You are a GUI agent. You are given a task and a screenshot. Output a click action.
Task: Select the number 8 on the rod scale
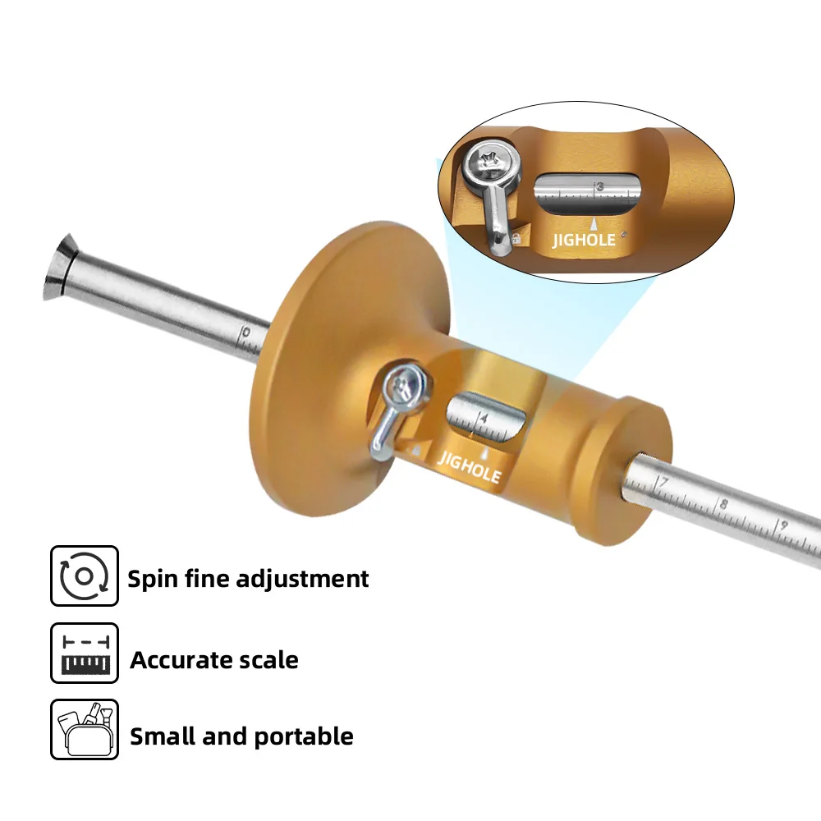pos(723,504)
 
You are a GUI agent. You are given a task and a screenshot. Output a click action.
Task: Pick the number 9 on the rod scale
pos(783,525)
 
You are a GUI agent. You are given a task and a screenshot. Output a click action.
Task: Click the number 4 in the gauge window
pos(484,419)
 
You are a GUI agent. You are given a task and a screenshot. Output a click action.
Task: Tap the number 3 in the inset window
pos(600,186)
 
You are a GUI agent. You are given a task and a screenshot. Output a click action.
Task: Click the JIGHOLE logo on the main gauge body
pos(469,467)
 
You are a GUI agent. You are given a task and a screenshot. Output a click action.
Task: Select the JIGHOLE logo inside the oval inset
pos(585,241)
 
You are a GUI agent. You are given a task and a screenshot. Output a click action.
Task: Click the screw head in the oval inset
pos(489,163)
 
